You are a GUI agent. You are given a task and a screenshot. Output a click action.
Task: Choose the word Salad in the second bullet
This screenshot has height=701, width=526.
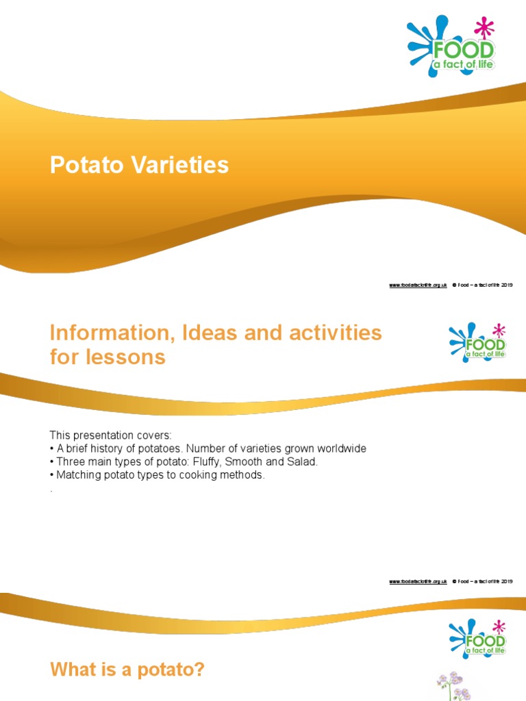tap(303, 462)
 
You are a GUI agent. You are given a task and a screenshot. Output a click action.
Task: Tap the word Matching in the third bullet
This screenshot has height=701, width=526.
tap(77, 475)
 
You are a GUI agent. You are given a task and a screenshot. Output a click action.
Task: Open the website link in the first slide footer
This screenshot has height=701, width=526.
tap(418, 285)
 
